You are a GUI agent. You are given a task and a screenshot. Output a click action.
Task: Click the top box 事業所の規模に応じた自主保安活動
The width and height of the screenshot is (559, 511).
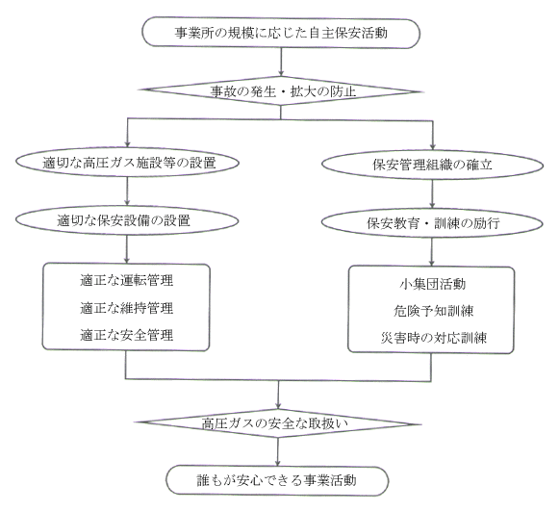point(281,33)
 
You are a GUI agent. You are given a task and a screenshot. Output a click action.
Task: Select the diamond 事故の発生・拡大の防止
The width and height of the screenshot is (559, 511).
point(281,91)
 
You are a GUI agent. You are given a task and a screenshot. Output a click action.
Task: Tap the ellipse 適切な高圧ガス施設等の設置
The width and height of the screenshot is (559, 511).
point(128,163)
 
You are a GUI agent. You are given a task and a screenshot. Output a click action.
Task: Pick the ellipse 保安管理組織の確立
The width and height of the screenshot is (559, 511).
point(432,165)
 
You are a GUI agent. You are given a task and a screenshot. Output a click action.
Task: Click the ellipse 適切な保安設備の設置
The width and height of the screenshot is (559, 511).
point(127,220)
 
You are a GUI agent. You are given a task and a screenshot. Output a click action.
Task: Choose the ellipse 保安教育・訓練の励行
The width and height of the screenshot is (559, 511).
point(432,223)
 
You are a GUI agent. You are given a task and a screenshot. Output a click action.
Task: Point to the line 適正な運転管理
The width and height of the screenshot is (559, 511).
point(127,280)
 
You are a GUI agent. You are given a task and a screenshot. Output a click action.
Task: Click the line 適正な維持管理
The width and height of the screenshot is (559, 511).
point(127,308)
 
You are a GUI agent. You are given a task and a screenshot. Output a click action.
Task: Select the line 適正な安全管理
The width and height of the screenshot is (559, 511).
point(127,335)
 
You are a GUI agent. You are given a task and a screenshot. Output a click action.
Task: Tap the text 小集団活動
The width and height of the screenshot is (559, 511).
point(432,284)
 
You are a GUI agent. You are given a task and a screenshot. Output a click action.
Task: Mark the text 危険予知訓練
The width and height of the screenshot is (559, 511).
point(433,311)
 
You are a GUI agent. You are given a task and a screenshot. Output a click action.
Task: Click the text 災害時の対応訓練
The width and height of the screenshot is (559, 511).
point(433,338)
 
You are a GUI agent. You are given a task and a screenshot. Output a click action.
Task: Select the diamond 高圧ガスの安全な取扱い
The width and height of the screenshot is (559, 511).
point(278,423)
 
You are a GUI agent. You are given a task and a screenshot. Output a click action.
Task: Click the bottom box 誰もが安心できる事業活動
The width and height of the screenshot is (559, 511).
point(277,480)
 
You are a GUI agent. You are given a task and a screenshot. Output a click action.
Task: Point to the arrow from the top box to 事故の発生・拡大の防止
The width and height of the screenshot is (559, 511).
point(281,63)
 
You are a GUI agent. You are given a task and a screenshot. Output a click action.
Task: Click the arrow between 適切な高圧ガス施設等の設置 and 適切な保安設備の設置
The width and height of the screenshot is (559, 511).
point(127,192)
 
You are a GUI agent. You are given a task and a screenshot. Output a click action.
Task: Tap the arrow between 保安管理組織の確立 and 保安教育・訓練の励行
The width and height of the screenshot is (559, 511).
point(432,194)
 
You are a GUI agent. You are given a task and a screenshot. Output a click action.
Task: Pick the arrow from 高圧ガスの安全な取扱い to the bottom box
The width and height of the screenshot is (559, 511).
point(278,451)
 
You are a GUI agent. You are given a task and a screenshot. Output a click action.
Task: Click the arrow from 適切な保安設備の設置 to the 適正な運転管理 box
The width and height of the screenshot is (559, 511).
point(127,249)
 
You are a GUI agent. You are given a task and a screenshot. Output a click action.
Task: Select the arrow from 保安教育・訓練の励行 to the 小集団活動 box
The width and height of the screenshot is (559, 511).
point(432,252)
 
